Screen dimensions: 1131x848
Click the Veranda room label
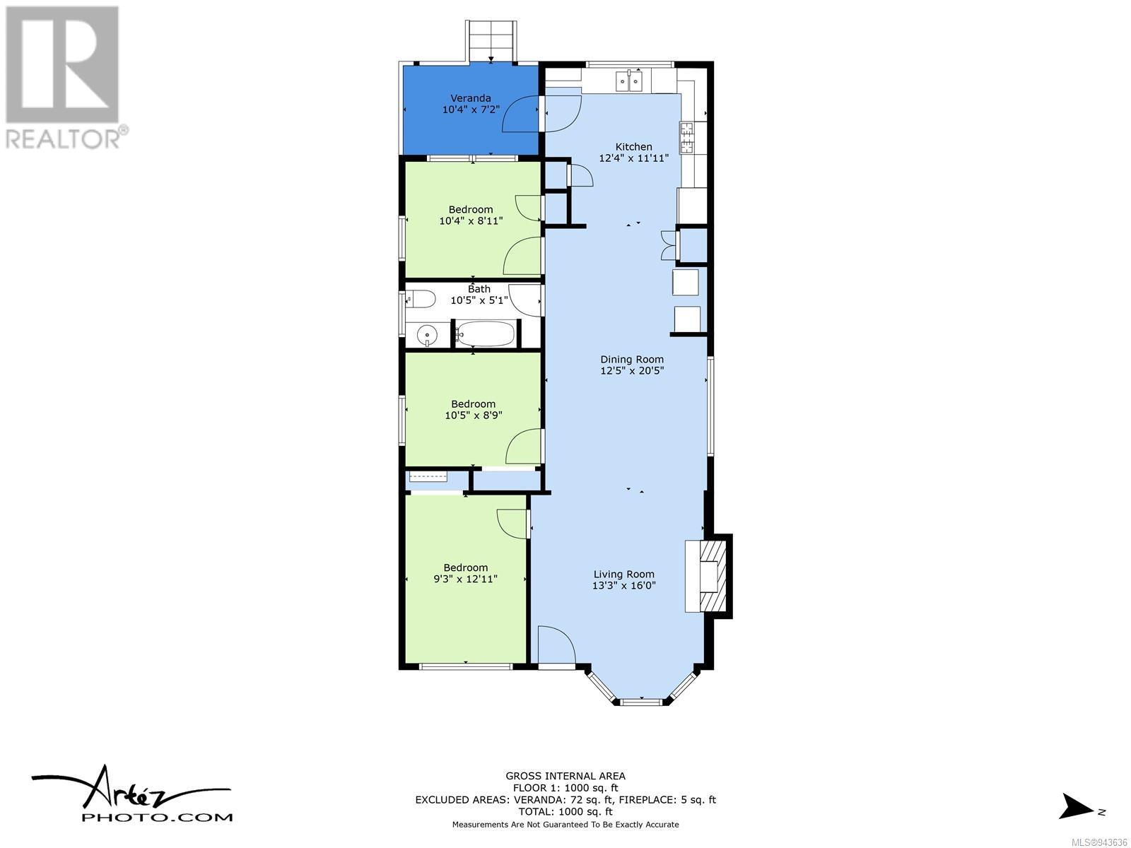coord(471,98)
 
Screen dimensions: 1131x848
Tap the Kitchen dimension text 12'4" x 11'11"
coord(633,158)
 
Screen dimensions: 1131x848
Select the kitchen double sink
coord(629,81)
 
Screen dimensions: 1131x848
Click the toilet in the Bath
coord(421,299)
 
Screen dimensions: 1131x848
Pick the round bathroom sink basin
coord(427,336)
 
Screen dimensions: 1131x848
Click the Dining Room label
coord(632,360)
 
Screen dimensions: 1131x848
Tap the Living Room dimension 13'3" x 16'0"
coord(623,585)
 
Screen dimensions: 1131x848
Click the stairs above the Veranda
coord(491,41)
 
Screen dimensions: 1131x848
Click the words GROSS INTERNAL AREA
coord(565,775)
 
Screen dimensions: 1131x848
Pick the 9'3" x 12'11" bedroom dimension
coord(465,579)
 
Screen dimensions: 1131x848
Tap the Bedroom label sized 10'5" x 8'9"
coord(473,404)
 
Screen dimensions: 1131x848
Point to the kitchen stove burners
coord(686,138)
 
